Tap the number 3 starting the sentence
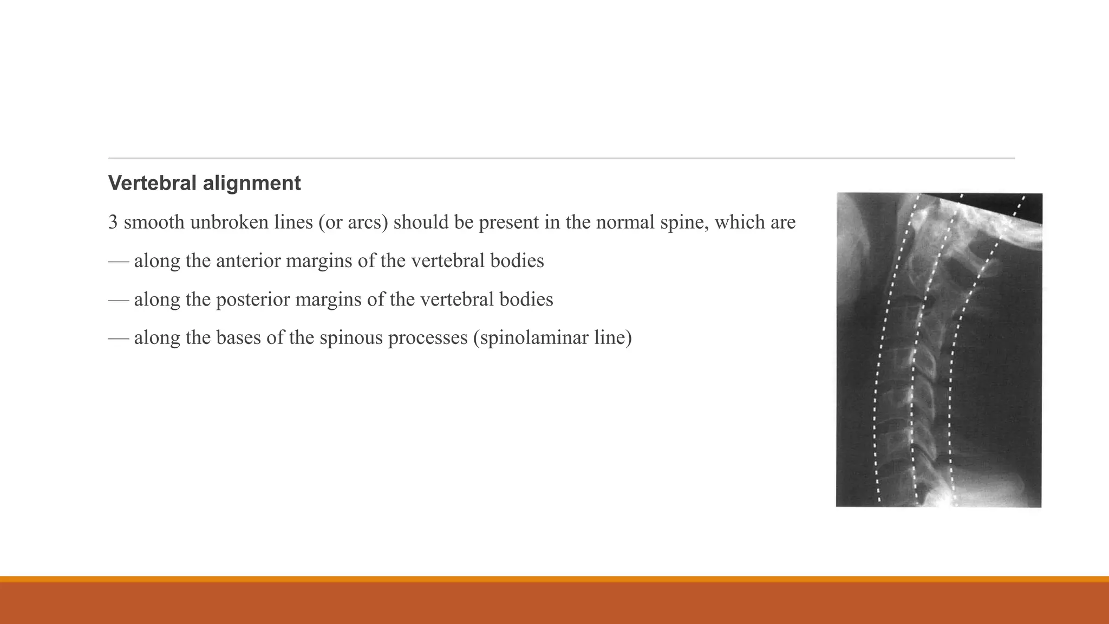(x=113, y=222)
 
